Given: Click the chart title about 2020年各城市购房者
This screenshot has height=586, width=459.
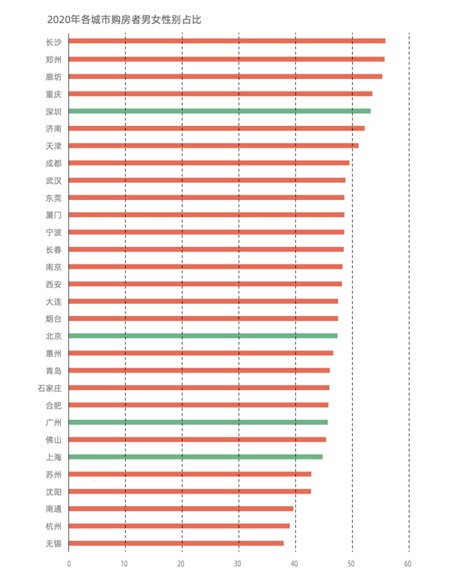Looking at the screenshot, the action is click(x=124, y=20).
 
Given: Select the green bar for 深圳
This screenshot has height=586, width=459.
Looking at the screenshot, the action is click(x=220, y=111).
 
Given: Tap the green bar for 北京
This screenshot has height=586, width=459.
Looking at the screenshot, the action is click(x=203, y=336).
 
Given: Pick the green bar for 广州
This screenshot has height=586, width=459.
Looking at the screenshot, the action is click(x=198, y=422).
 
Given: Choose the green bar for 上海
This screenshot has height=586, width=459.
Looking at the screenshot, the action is click(x=196, y=457).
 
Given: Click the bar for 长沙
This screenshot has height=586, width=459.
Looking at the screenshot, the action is click(x=227, y=41).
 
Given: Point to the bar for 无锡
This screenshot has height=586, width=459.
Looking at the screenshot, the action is click(x=176, y=543).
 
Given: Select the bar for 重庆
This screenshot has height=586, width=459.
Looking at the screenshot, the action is click(x=220, y=94).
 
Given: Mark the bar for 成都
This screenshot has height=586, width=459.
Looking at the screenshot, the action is click(x=209, y=163).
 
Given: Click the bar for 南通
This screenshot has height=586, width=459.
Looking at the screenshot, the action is click(x=181, y=509).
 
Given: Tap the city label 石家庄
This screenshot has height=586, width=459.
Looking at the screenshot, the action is click(x=49, y=388).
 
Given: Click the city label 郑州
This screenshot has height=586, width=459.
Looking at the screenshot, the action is click(x=53, y=59).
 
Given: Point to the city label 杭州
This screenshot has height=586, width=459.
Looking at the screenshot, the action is click(x=53, y=526).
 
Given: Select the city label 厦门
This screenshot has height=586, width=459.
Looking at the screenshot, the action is click(x=53, y=215).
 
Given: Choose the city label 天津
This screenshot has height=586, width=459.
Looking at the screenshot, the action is click(x=53, y=146).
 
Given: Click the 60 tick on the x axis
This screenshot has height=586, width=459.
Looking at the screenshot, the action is click(x=408, y=564).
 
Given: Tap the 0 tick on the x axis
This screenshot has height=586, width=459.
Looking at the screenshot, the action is click(x=69, y=564).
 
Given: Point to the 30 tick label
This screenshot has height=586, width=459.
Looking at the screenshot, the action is click(x=238, y=564).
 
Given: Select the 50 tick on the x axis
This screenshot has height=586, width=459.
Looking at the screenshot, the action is click(x=351, y=564).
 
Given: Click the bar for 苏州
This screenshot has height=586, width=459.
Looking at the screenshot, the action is click(x=190, y=474).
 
